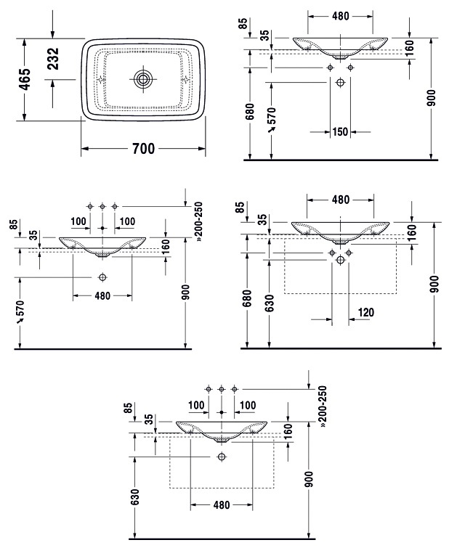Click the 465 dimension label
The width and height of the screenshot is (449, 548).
pos(26,79)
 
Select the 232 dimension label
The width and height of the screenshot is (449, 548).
pos(53,58)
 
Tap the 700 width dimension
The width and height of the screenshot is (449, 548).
pos(143,149)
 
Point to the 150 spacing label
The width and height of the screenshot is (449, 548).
pos(340,132)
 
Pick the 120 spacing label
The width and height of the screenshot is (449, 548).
pos(366,312)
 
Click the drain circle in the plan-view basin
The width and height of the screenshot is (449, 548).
pos(143,79)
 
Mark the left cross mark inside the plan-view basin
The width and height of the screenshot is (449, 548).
pos(102,79)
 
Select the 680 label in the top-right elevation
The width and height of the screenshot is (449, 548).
pos(250,112)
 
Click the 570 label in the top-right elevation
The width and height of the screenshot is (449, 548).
pos(272,118)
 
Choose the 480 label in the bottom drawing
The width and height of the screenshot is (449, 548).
pos(222,504)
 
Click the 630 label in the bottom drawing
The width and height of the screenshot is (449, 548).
pos(134,497)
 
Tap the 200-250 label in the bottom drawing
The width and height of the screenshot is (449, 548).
pos(323,406)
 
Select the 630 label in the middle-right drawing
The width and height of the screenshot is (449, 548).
pos(269,303)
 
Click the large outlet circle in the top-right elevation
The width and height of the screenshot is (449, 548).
pos(340,83)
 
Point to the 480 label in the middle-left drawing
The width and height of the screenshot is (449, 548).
pos(102,296)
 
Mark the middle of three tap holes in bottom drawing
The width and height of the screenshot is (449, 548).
pos(221,389)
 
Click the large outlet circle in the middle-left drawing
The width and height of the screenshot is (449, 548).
pos(102,277)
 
